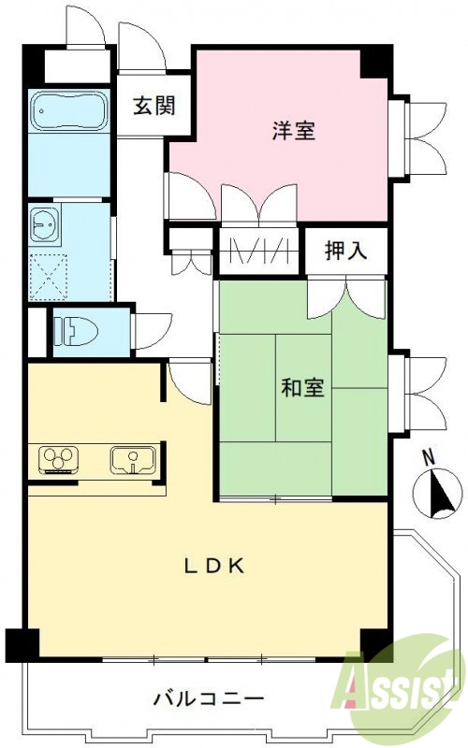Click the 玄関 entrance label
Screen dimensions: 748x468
154,106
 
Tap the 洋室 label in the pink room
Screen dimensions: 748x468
293,131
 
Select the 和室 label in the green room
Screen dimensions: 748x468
302,386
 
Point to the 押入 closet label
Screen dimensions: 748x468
344,250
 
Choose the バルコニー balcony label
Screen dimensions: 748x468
209,698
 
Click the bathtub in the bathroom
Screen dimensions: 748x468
69,113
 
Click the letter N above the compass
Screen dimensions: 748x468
429,458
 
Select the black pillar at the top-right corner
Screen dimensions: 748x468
376,61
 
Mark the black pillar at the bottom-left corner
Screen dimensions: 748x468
22,645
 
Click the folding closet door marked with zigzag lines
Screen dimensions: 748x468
258,252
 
